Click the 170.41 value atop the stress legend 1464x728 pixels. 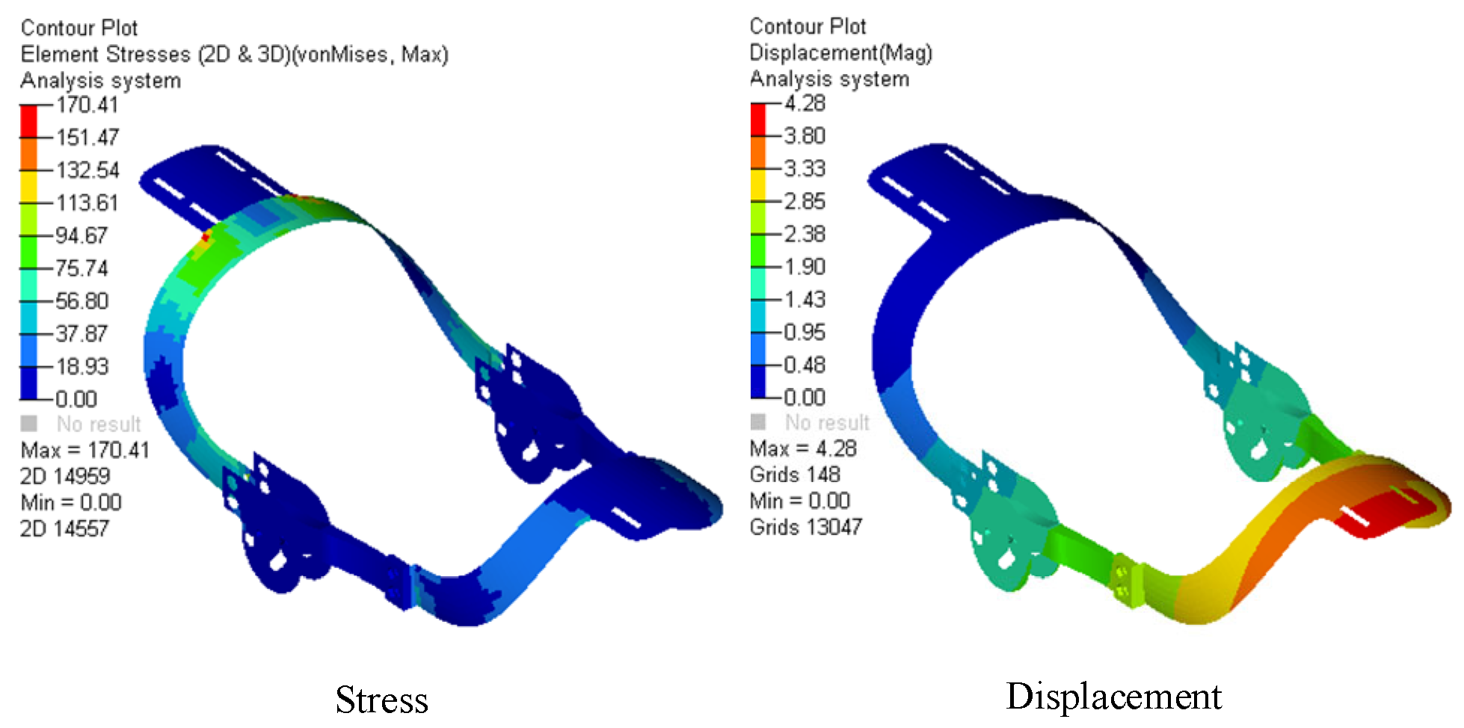(87, 105)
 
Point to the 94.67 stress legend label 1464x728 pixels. (81, 235)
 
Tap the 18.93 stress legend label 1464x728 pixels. (81, 366)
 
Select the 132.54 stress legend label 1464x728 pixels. (87, 170)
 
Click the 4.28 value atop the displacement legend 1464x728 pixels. (805, 103)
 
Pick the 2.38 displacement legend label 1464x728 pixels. (805, 234)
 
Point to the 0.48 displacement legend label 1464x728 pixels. (805, 365)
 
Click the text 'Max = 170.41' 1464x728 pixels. (85, 450)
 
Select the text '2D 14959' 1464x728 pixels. (65, 476)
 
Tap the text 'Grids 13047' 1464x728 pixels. (806, 527)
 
